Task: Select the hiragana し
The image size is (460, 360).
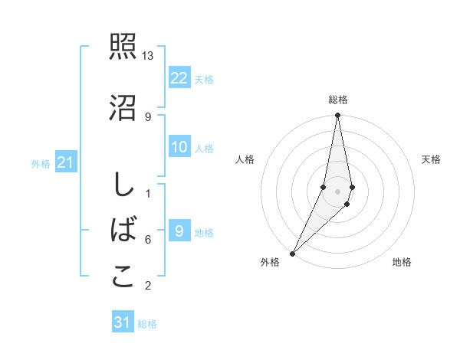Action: [123, 185]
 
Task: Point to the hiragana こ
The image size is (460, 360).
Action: [123, 277]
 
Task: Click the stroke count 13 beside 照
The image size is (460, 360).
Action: [148, 57]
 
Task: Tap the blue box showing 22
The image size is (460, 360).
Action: [179, 78]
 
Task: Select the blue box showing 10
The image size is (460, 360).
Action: [179, 147]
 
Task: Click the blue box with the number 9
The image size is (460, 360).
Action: [179, 231]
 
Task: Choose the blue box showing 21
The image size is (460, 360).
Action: [66, 162]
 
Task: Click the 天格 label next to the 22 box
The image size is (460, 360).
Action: [204, 79]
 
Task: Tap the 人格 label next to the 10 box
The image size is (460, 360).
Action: [204, 148]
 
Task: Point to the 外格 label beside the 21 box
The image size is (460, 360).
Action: [41, 163]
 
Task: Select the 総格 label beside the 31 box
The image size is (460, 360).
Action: [147, 323]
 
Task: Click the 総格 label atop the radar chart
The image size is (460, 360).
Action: [337, 100]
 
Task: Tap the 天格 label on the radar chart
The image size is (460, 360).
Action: [432, 159]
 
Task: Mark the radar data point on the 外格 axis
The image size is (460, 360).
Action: [292, 253]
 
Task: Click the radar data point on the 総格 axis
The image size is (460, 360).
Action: [337, 116]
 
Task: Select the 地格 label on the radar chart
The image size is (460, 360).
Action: [402, 262]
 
